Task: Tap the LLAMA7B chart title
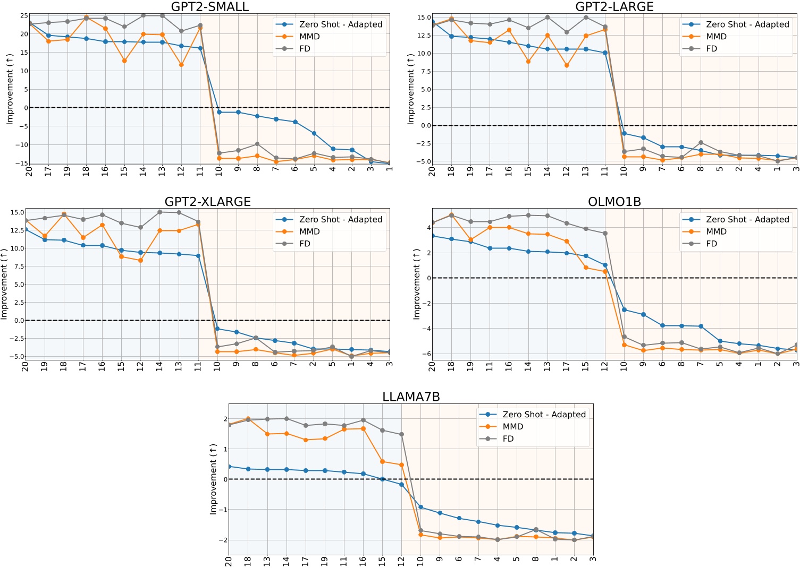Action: pos(411,397)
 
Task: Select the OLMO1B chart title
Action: pos(614,202)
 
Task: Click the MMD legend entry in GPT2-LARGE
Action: pos(716,37)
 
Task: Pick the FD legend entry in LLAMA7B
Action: pos(508,438)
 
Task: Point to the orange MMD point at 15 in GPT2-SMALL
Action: pos(124,61)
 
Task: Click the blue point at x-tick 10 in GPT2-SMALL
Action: pos(219,112)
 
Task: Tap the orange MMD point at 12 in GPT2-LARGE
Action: pos(567,66)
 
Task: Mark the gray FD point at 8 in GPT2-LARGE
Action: pos(701,143)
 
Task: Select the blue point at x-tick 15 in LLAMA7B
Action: pos(382,479)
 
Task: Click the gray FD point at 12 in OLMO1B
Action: pos(605,234)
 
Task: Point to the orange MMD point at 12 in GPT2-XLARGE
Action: pos(140,261)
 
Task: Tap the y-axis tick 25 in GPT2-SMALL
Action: pos(24,16)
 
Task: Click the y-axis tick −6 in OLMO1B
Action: pos(424,354)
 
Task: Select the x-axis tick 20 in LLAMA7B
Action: pos(229,561)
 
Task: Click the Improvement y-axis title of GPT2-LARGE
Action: pos(410,89)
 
